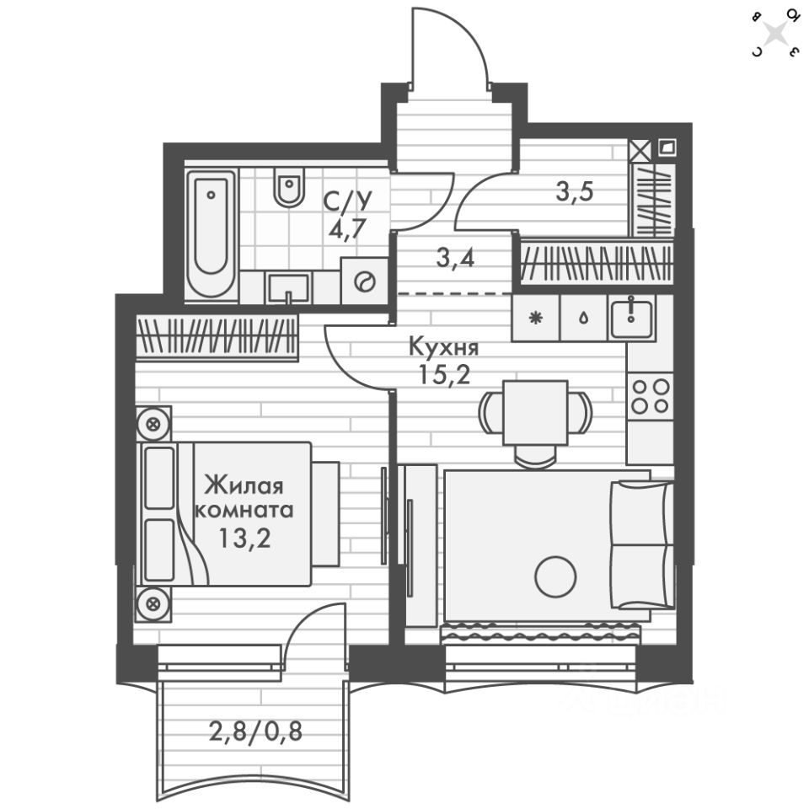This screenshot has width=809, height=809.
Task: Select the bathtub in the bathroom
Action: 211,233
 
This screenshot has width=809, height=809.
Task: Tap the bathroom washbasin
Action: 289,288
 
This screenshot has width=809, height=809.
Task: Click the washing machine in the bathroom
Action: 364,281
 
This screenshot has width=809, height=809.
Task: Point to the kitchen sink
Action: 632,318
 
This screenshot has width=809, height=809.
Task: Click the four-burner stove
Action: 650,396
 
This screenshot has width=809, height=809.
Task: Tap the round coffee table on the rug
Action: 555,577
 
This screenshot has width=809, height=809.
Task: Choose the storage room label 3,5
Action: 575,191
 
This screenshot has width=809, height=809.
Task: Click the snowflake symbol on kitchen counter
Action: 534,319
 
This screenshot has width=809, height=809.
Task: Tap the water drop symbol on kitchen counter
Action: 583,319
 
